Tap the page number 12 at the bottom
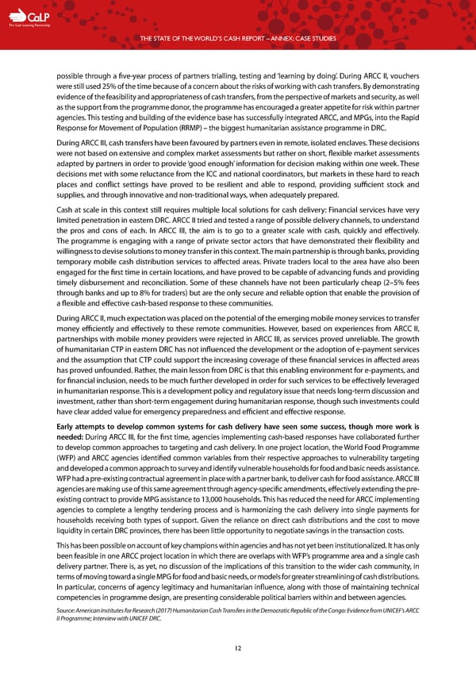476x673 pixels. [237, 648]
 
